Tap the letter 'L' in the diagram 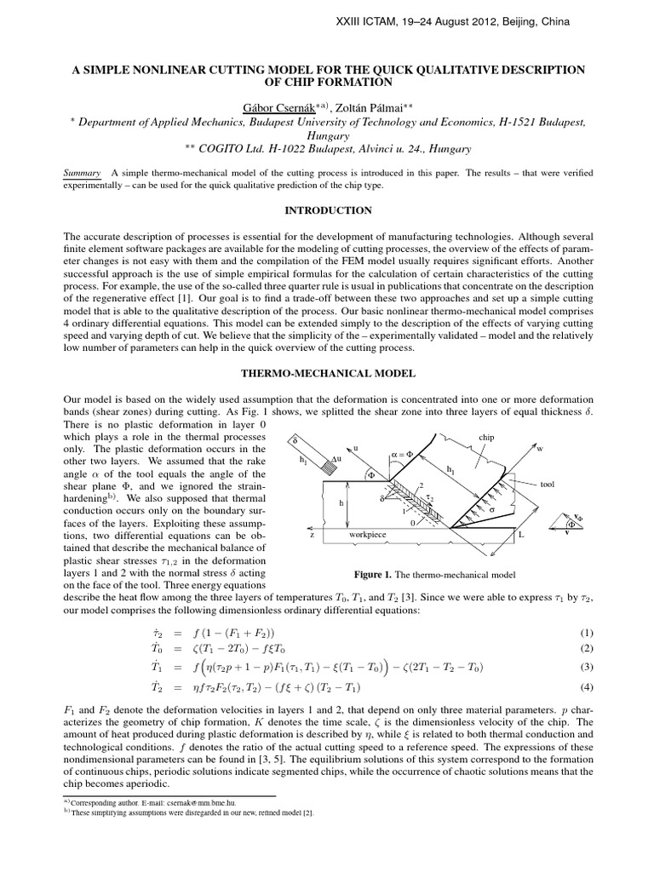pos(521,535)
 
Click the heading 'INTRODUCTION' pos(326,209)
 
